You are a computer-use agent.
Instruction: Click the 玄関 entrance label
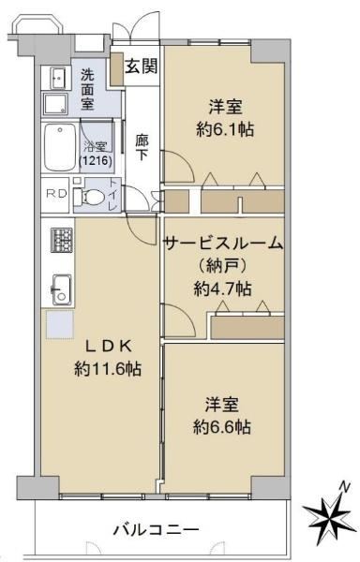pos(141,66)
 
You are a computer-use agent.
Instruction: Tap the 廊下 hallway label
pos(142,147)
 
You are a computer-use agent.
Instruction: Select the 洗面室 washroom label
pos(87,89)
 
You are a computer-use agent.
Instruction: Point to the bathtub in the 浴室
pos(60,147)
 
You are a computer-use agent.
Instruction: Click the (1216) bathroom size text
pos(96,160)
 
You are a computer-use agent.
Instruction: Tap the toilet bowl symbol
pos(88,197)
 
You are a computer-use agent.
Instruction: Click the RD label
pos(57,194)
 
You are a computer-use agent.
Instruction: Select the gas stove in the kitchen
pos(62,240)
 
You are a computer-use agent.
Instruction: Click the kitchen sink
pos(62,289)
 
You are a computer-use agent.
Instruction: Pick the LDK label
pos(109,347)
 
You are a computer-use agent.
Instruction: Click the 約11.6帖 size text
pos(108,369)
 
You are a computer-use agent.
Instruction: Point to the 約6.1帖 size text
pos(225,129)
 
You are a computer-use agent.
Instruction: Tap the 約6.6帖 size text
pos(222,427)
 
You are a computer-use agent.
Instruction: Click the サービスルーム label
pos(223,244)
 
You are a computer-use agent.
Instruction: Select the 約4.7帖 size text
pos(223,288)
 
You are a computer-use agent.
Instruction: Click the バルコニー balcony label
pos(156,529)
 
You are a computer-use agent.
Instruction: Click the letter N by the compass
pos(345,487)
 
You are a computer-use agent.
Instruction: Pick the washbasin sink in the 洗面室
pos(57,78)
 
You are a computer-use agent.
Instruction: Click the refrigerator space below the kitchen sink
pos(59,324)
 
